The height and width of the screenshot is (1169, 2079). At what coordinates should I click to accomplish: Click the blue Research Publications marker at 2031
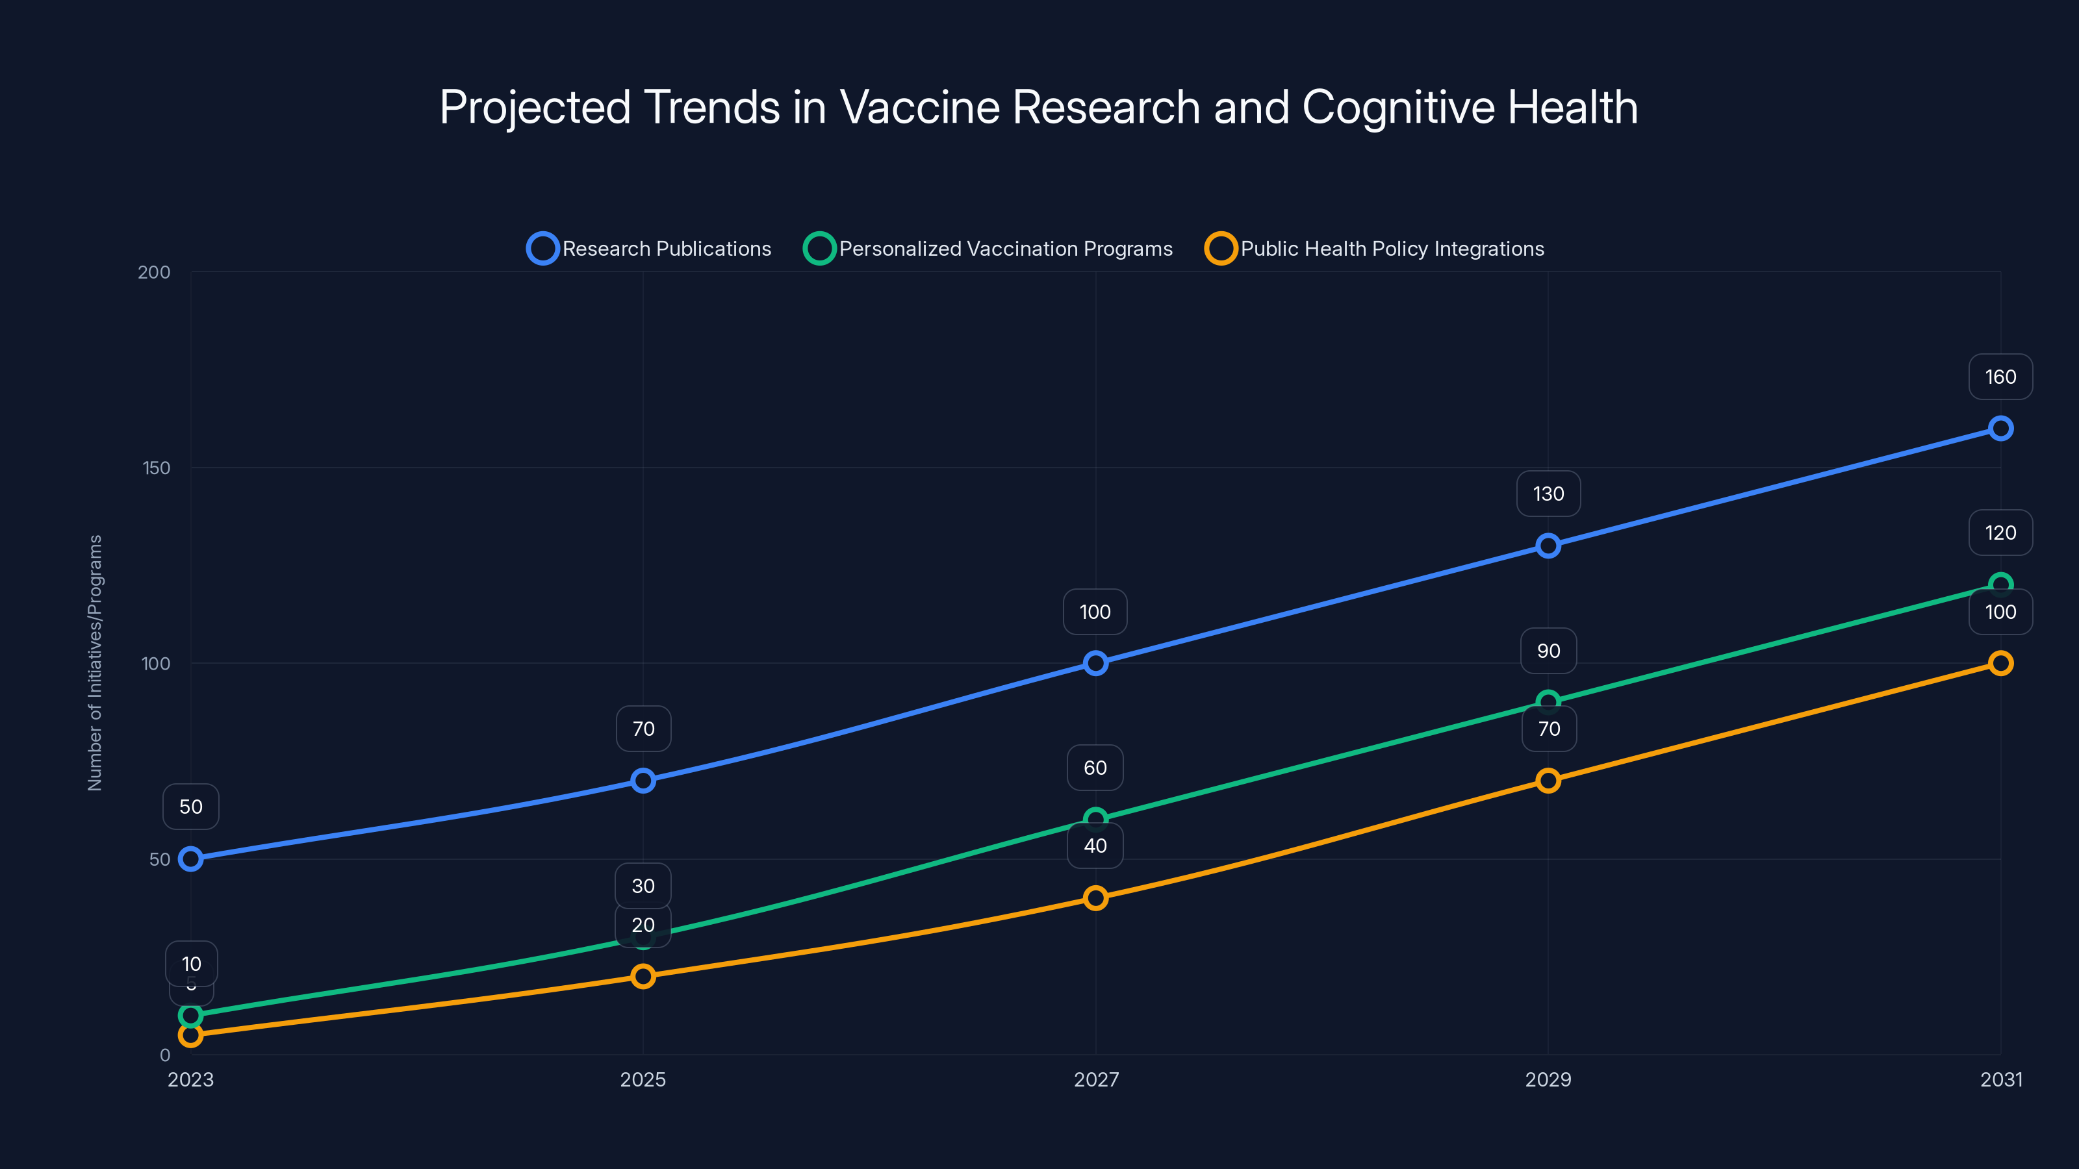coord(2000,429)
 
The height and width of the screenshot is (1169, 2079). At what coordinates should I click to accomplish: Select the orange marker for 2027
coord(1095,898)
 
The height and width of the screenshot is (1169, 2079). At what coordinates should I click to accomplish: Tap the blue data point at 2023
coord(190,859)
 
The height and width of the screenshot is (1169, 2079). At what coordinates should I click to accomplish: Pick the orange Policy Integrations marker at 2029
coord(1548,780)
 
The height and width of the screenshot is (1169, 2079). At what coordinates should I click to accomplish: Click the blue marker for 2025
coord(643,780)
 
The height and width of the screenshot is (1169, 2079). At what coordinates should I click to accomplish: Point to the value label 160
coord(2000,377)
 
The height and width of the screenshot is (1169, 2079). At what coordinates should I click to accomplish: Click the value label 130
coord(1548,494)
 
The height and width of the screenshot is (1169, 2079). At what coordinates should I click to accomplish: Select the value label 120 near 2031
coord(2000,533)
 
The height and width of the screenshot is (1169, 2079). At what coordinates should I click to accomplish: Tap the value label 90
coord(1548,651)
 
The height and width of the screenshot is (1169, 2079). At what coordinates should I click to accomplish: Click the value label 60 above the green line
coord(1095,768)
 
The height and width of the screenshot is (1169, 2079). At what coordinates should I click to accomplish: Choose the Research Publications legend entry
coord(650,249)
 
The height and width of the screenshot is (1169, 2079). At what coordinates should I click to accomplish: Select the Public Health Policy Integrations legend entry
coord(1375,249)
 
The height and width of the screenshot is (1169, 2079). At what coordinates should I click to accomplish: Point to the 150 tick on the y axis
coord(157,468)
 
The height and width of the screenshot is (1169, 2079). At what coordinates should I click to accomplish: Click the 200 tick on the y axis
coord(154,272)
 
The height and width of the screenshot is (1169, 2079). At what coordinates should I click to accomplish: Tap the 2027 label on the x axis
coord(1096,1079)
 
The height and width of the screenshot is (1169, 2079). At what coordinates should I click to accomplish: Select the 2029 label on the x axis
coord(1548,1079)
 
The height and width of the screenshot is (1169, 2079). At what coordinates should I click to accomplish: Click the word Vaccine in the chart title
coord(919,107)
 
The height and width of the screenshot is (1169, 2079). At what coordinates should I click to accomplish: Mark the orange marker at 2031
coord(2000,663)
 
